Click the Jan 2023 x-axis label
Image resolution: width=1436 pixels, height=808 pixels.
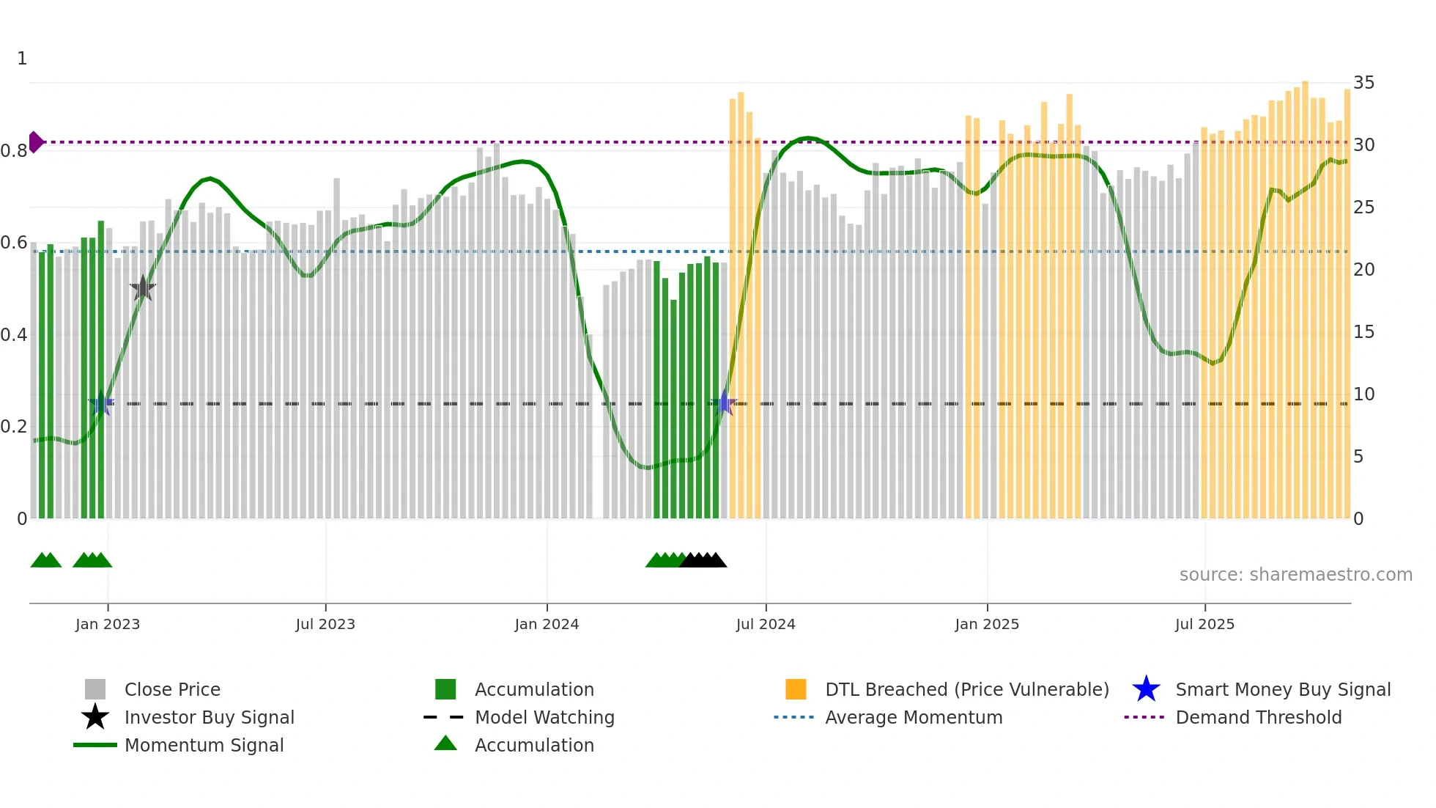click(x=107, y=624)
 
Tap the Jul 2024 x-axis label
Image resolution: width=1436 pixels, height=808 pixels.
click(x=766, y=624)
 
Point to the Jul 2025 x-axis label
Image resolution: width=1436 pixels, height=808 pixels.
click(x=1204, y=624)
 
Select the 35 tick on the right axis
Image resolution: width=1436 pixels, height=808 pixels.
click(x=1363, y=83)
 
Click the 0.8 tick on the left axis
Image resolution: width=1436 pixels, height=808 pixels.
click(x=14, y=151)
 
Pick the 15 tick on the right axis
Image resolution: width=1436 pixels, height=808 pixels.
click(x=1363, y=332)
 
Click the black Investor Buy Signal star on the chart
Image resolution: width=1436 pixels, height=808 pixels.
click(x=143, y=289)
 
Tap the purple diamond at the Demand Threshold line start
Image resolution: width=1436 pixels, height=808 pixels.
click(x=35, y=142)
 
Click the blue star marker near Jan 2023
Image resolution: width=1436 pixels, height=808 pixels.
click(x=101, y=403)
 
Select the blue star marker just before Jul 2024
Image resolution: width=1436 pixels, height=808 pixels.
click(x=724, y=403)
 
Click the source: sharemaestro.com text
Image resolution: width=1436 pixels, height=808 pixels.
click(x=1295, y=575)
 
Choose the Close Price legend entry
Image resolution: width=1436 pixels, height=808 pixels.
click(x=172, y=689)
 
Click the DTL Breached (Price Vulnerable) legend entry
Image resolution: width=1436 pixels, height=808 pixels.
click(x=966, y=689)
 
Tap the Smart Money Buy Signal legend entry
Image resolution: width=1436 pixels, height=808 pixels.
click(x=1282, y=689)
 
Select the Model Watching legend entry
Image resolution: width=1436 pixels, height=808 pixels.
click(x=544, y=717)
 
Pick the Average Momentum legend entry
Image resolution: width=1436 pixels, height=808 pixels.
click(x=913, y=717)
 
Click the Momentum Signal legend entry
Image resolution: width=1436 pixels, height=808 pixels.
click(x=204, y=745)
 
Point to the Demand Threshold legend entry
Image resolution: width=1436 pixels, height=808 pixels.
click(x=1258, y=717)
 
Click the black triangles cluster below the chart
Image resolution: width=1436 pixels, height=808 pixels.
click(x=703, y=560)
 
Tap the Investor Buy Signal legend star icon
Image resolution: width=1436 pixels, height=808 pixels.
click(x=95, y=717)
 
